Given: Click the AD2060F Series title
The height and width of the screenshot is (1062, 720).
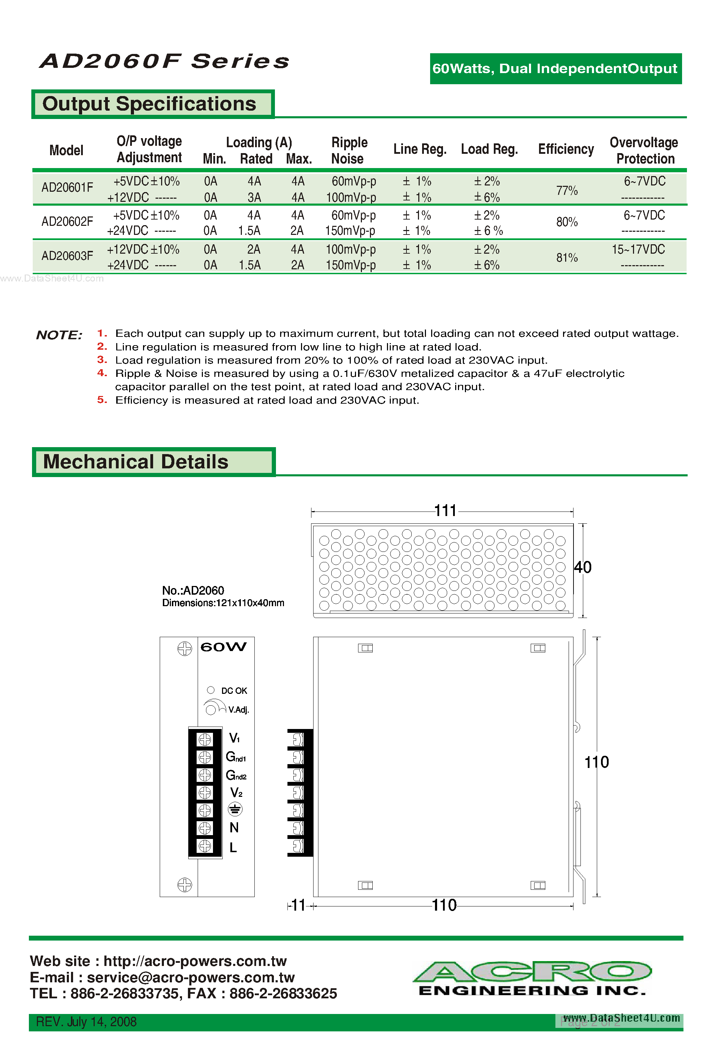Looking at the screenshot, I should [x=165, y=61].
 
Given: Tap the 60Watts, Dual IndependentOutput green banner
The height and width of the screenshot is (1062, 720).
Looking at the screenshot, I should [x=555, y=69].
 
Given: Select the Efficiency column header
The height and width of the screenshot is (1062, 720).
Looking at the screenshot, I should [x=565, y=149].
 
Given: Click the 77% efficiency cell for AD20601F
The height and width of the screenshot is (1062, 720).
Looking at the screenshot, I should [x=567, y=190].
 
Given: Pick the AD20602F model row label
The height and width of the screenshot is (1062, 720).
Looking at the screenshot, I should [x=67, y=222].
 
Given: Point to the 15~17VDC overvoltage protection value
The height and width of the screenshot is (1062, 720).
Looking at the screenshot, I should [x=638, y=249].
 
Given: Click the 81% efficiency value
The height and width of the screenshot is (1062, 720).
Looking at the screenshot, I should [x=567, y=258].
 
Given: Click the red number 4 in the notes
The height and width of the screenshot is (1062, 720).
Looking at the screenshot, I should [x=102, y=373].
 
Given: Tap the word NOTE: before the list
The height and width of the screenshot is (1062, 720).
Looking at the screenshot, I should [x=59, y=335].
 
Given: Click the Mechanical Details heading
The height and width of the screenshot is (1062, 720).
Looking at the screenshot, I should [x=135, y=461].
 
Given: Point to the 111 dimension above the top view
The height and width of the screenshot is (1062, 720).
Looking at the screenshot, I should [x=445, y=510].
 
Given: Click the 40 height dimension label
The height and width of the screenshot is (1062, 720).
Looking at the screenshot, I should [x=583, y=567].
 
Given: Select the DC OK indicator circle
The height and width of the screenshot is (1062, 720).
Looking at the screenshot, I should [x=211, y=690].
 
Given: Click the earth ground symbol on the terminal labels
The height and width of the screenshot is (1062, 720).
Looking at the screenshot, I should [x=235, y=810].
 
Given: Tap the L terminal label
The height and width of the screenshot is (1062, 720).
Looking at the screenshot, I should [x=233, y=848].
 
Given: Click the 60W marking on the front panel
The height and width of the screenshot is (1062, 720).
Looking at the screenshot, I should [x=223, y=647].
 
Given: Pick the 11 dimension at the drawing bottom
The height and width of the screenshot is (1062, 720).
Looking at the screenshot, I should [x=298, y=905].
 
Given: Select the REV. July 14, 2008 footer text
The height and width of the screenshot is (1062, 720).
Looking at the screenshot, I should [x=86, y=1022].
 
